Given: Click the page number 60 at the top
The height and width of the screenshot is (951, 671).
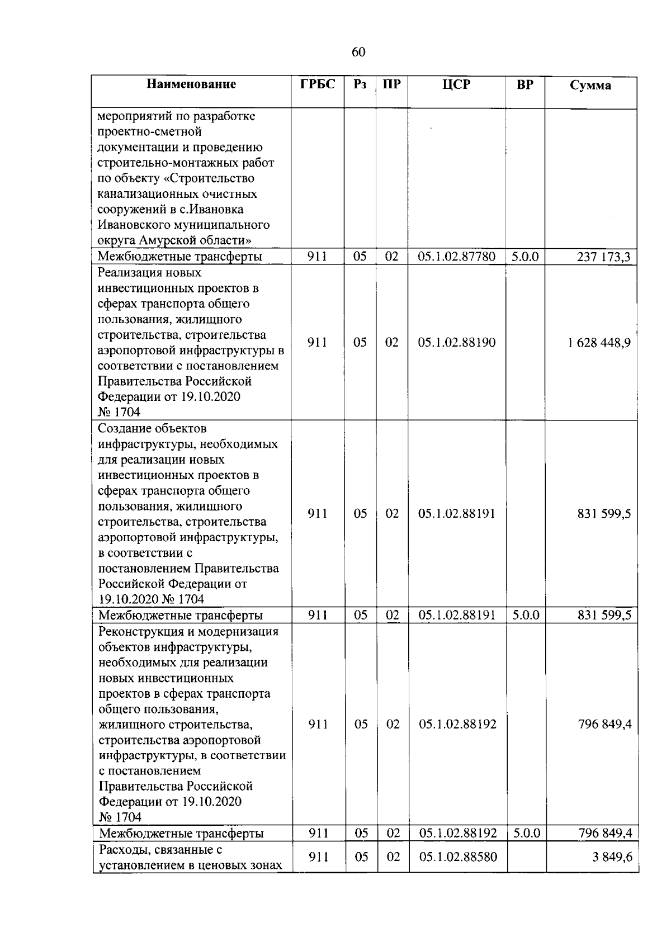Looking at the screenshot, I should [x=358, y=52].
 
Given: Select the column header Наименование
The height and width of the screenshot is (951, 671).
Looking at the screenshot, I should [x=191, y=84].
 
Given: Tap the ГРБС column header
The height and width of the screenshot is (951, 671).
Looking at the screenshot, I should [x=317, y=84].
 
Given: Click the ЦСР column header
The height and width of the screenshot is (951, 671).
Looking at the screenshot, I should [x=456, y=84].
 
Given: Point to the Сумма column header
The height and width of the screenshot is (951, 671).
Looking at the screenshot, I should [x=590, y=86].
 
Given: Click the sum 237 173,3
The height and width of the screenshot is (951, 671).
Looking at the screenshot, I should [x=603, y=257].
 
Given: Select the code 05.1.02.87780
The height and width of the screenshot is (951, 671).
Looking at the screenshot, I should [x=456, y=257].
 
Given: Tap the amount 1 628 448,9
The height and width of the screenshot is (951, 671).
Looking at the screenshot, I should [x=599, y=343].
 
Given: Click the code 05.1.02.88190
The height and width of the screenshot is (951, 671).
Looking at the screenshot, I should [x=456, y=343].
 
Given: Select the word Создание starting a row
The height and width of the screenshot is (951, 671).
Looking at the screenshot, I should [x=122, y=429].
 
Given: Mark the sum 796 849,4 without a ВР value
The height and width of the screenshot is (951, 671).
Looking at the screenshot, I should [x=604, y=725].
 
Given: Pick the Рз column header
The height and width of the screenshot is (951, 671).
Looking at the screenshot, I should [x=360, y=84].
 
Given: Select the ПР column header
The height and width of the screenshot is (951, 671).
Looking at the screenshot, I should [x=391, y=84].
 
